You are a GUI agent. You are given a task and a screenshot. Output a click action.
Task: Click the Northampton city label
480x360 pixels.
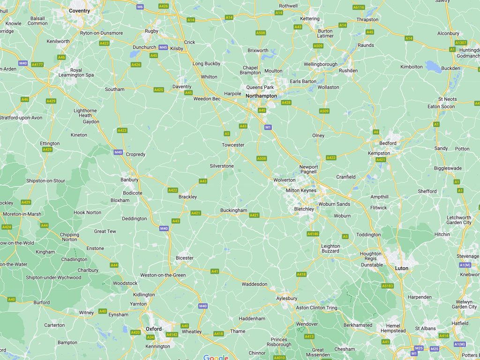tap(261, 96)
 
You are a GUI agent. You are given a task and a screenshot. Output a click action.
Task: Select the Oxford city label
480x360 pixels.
tap(153, 329)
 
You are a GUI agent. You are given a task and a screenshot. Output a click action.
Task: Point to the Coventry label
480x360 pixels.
tap(79, 10)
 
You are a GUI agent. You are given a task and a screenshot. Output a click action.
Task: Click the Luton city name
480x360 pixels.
tap(402, 268)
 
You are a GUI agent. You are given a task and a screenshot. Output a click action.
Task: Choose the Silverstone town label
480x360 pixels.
tap(222, 166)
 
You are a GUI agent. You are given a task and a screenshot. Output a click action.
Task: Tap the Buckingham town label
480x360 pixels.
tap(233, 210)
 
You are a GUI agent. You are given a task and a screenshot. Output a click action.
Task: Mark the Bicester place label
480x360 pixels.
tap(184, 258)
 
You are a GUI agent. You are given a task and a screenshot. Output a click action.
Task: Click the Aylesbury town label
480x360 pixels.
tap(287, 298)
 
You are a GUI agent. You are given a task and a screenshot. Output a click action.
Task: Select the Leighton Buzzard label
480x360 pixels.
tap(330, 248)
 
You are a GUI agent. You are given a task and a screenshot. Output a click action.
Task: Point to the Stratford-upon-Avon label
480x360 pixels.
tap(21, 117)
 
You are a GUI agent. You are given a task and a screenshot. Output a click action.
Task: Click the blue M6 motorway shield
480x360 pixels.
tap(140, 7)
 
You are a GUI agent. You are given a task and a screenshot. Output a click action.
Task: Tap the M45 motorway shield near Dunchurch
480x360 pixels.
tap(163, 47)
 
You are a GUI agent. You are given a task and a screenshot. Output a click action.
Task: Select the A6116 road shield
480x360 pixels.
tap(359, 7)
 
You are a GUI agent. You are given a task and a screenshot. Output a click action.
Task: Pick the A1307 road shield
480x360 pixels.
tap(461, 42)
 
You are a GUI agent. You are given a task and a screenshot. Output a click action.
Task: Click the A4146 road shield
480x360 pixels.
tap(313, 233)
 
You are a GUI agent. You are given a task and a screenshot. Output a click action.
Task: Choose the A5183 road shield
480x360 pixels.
tap(387, 285)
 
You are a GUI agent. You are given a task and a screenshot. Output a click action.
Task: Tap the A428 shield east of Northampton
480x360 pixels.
tap(286, 102)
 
